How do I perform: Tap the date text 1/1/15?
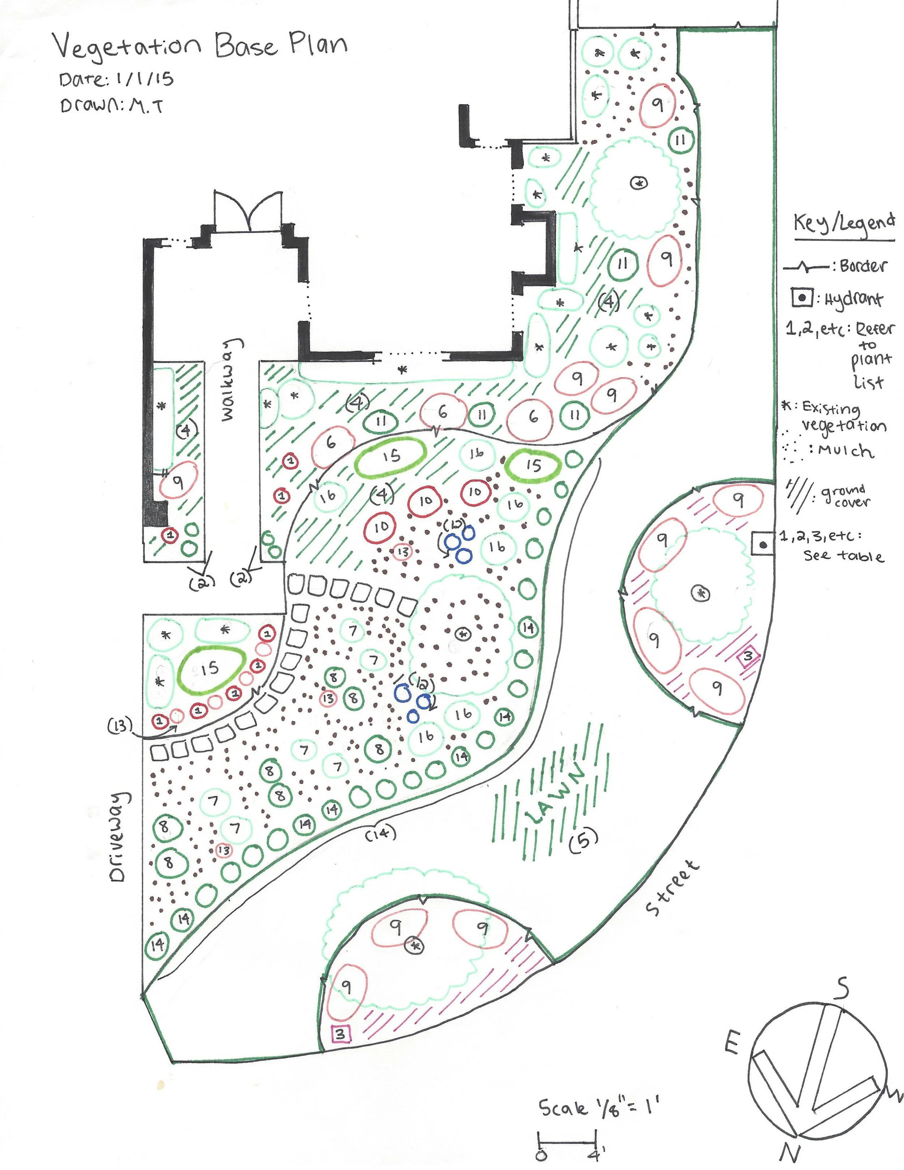[x=142, y=79]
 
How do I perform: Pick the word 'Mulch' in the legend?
[x=846, y=451]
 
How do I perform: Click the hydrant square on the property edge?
[x=763, y=545]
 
